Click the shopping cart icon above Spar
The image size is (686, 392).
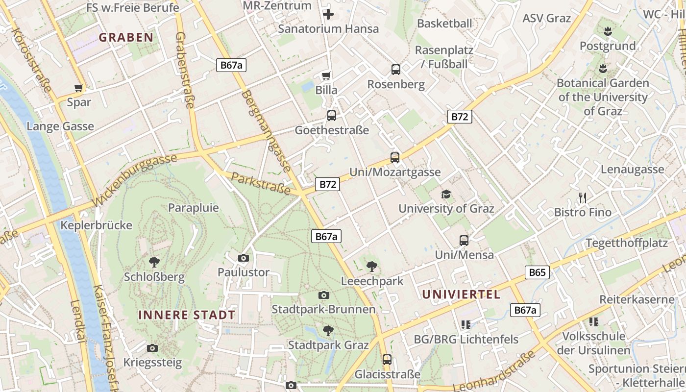[x=78, y=88]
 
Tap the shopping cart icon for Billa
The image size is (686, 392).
[x=326, y=75]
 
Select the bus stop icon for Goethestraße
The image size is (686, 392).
[x=332, y=116]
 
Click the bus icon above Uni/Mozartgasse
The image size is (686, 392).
[x=395, y=157]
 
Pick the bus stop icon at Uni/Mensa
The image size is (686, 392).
[x=464, y=240]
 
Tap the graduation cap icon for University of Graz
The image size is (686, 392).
[x=446, y=194]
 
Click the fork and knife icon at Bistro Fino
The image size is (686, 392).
[x=583, y=197]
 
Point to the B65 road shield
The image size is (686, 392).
[x=537, y=272]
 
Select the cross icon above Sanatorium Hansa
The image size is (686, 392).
[x=328, y=14]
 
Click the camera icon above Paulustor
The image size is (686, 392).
[x=243, y=258]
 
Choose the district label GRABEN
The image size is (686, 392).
[x=126, y=37]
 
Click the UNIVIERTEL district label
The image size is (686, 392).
[x=461, y=294]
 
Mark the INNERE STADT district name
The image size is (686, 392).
[x=187, y=315]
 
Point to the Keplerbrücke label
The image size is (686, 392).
[x=97, y=225]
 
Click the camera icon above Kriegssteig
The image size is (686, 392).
[x=152, y=348]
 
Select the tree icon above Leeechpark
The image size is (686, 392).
[x=372, y=267]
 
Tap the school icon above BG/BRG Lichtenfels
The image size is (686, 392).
[x=466, y=324]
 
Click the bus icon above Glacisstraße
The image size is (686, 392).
[x=387, y=360]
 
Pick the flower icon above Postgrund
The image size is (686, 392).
[x=608, y=32]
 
